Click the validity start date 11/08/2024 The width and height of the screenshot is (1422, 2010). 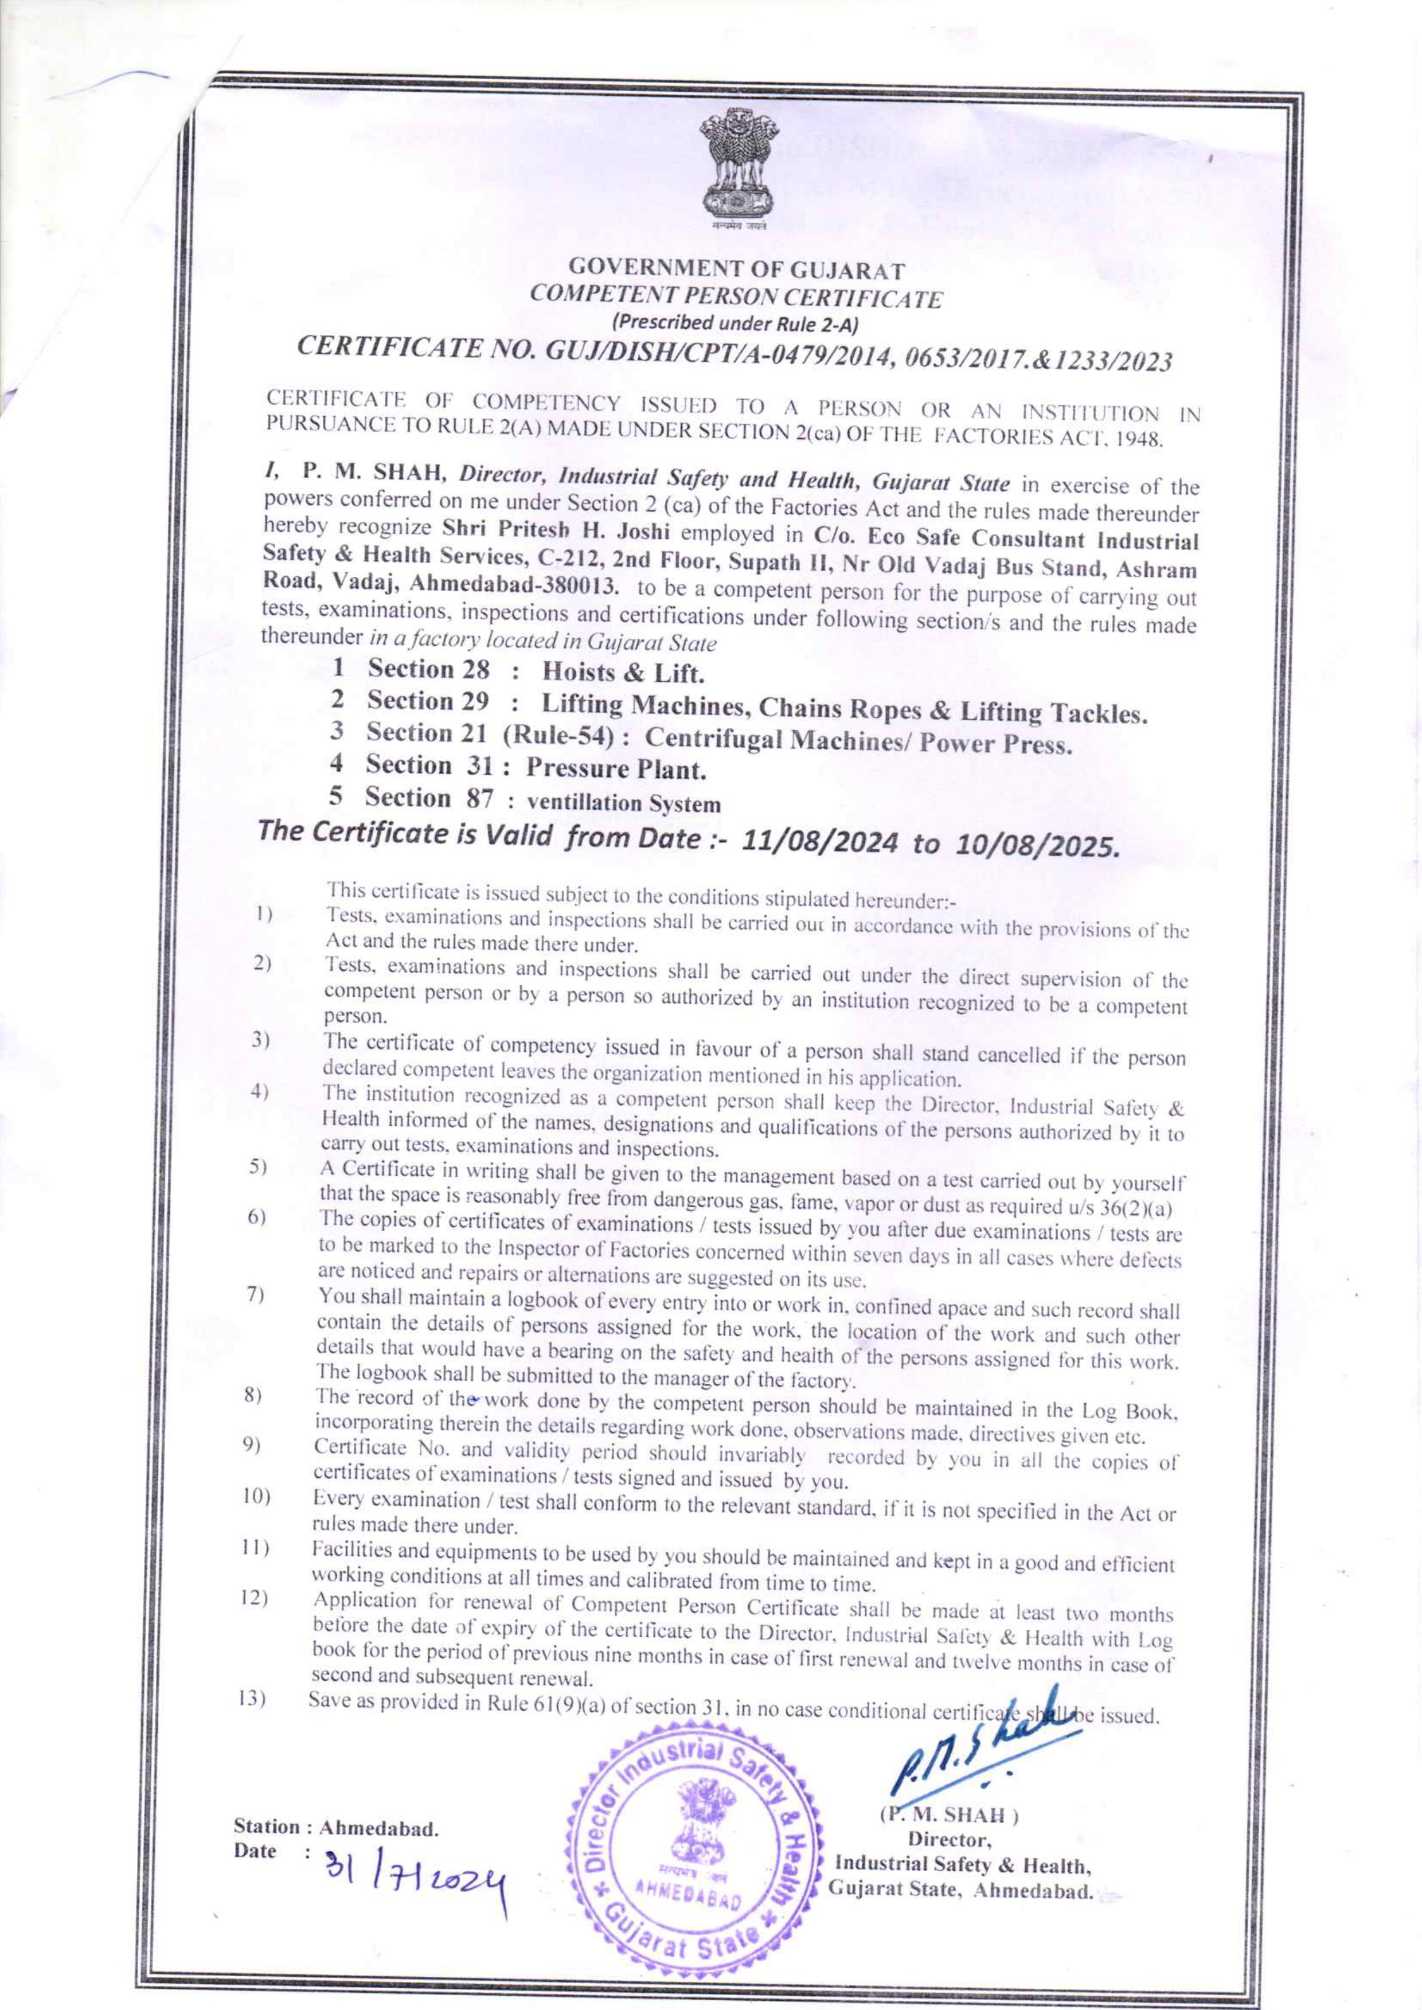click(819, 842)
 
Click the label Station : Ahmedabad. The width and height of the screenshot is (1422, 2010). click(335, 1828)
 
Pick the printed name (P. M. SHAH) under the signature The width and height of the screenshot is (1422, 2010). click(948, 1814)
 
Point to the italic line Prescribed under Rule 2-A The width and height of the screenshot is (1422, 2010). click(736, 322)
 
